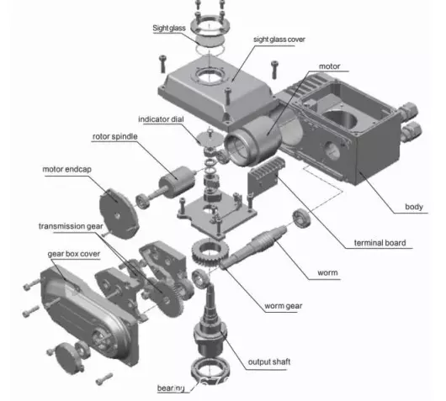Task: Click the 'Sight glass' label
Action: pos(169,28)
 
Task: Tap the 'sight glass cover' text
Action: pos(279,40)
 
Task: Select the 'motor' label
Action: pos(329,66)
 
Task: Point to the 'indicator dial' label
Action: pos(161,119)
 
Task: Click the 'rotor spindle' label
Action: pos(115,136)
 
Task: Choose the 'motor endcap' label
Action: pos(66,169)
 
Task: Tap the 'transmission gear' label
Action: pos(71,226)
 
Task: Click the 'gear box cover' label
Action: pos(74,254)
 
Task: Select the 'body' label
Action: pos(414,207)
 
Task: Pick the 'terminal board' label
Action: pos(380,243)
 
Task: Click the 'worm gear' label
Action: pos(284,306)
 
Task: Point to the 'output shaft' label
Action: pos(269,361)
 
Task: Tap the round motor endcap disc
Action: pos(119,214)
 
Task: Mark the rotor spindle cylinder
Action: pos(178,181)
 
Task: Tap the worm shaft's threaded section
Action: pos(263,240)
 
